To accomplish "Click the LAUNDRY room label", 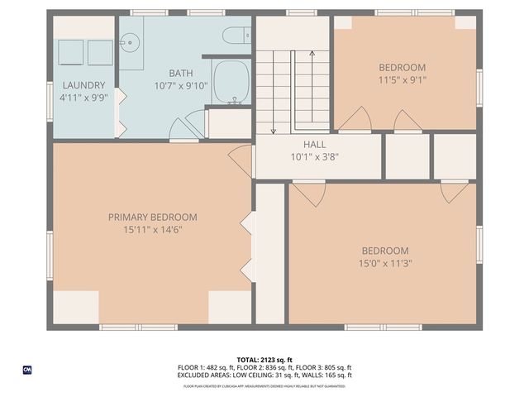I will pos(83,85).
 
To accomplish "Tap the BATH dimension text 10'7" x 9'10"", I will pos(180,85).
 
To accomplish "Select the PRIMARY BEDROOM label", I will pos(152,217).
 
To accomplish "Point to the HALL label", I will pos(314,145).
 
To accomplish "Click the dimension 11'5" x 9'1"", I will pos(402,80).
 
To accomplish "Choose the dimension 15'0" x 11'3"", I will pos(385,263).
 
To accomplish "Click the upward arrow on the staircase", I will pos(311,83).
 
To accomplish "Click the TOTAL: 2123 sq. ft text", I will pos(264,360).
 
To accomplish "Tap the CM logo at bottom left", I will pos(27,369).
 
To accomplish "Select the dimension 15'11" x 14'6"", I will pos(152,229).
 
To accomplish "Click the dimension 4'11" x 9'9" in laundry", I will pos(83,97).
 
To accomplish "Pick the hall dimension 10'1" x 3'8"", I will pos(314,156).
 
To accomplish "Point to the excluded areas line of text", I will pos(264,375).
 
